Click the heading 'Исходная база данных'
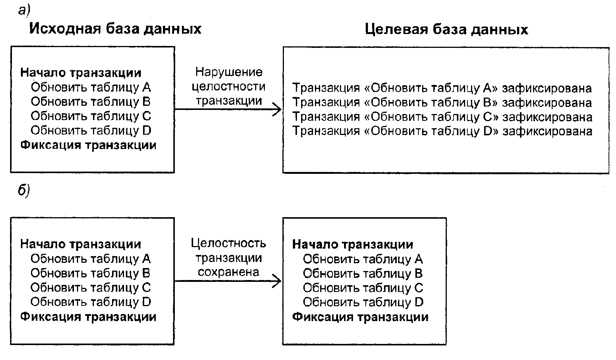[115, 29]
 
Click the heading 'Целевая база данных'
[446, 29]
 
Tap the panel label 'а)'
[24, 10]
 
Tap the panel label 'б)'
[24, 191]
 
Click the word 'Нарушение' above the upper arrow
[229, 72]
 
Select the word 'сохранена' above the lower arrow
[228, 272]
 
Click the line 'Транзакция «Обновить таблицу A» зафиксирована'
[442, 88]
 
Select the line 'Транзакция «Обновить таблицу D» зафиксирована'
[442, 131]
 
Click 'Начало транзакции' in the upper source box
[81, 73]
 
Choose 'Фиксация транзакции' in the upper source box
[88, 145]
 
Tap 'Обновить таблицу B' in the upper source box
[90, 102]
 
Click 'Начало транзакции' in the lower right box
[353, 244]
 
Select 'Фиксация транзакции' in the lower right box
[360, 317]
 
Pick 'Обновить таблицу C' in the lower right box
[363, 288]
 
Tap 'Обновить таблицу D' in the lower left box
[90, 302]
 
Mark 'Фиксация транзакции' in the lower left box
[88, 317]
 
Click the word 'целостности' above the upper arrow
[228, 86]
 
